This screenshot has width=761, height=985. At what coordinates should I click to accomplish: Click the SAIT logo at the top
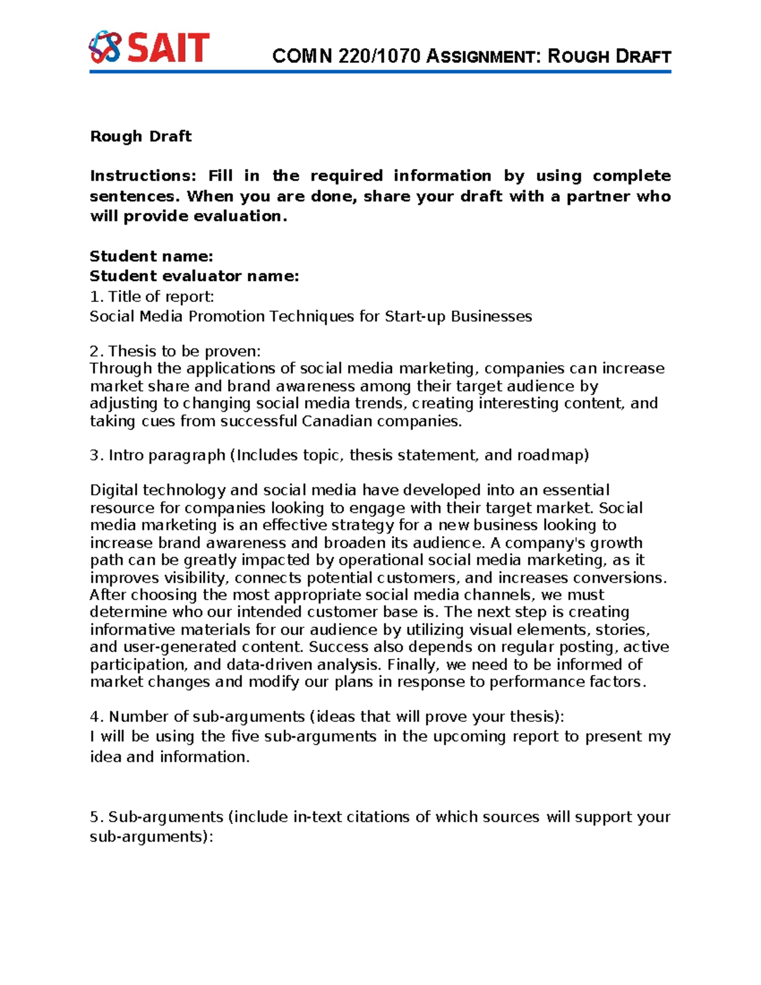[148, 47]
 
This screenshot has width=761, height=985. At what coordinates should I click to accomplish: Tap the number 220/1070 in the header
[379, 56]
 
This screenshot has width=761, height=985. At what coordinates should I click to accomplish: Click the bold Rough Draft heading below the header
[141, 136]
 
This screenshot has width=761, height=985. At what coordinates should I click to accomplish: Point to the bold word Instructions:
[143, 176]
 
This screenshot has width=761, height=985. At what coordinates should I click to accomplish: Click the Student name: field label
[151, 256]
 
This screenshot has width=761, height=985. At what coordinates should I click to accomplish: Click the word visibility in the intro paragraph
[195, 578]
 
